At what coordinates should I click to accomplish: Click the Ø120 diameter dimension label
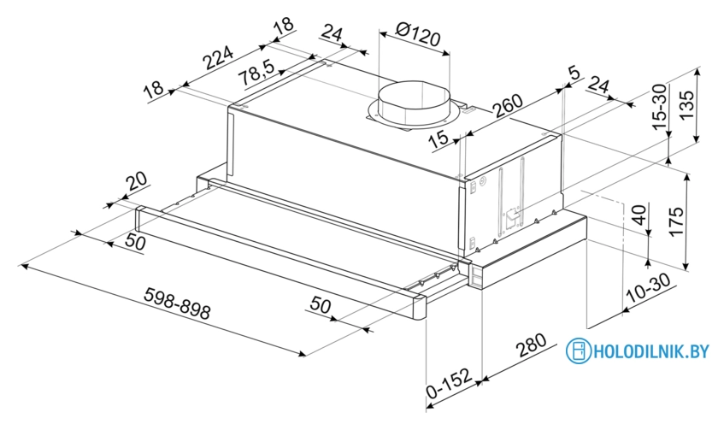click(x=413, y=36)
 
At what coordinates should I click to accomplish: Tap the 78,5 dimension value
click(x=257, y=74)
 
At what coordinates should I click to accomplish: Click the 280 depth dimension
click(x=532, y=346)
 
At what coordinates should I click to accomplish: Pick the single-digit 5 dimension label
click(x=574, y=74)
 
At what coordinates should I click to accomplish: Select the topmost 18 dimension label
click(x=281, y=26)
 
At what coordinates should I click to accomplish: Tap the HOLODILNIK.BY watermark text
click(x=650, y=350)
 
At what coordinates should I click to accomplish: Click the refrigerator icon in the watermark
click(x=579, y=350)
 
